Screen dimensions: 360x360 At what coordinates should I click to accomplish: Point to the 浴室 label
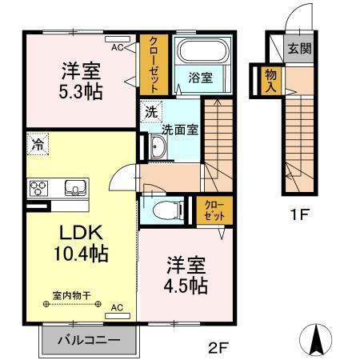point(201,78)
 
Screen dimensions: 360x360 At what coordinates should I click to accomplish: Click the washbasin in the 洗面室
point(158,147)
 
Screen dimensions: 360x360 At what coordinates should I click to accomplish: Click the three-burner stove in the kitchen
point(38,189)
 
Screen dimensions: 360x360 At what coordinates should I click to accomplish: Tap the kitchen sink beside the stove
point(76,189)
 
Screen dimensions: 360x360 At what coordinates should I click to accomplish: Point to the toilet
point(164,211)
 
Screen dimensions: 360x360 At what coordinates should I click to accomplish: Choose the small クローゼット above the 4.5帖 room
point(214,210)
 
